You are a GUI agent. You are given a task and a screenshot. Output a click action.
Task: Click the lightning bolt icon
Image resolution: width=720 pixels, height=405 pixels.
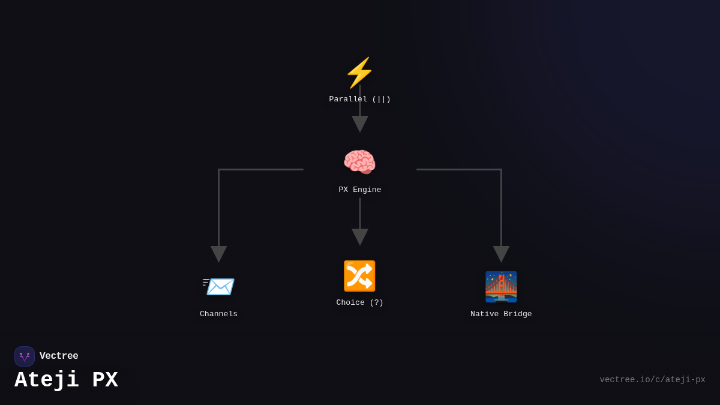coord(359,73)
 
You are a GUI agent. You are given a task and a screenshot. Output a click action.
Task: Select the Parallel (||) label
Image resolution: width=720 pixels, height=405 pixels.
coord(360,99)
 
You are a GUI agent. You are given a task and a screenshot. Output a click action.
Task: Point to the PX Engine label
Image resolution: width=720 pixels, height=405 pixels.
coord(360,190)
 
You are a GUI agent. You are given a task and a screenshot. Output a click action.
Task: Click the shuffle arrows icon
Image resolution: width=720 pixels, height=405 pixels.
coord(359,276)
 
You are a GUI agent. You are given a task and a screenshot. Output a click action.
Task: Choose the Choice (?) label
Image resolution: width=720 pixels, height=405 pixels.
coord(360,302)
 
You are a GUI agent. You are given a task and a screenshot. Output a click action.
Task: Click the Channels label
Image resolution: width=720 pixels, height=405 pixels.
coord(218,314)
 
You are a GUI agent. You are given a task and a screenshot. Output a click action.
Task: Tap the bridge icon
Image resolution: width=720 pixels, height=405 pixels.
coord(501,287)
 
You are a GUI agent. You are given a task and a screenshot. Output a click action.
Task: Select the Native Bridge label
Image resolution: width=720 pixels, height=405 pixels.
coord(501,314)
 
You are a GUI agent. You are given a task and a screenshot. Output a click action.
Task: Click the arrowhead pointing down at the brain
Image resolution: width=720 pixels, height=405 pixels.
coord(360,123)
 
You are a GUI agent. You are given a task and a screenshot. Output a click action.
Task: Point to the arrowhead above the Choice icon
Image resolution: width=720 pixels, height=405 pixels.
coord(360,236)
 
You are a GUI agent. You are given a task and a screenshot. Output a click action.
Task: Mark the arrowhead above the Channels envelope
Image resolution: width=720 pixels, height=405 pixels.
coord(218,253)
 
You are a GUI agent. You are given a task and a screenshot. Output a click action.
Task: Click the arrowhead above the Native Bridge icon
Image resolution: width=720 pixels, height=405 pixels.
coord(501,253)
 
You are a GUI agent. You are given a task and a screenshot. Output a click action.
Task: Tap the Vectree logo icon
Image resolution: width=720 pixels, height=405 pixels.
coord(25,356)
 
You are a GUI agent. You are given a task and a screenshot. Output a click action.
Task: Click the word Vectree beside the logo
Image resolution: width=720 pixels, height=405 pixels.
coord(59,356)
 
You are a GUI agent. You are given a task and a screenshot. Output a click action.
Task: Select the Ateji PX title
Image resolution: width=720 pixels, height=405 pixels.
coord(66,380)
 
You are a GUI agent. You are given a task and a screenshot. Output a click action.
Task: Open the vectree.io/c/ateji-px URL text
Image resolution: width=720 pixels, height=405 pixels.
coord(652,380)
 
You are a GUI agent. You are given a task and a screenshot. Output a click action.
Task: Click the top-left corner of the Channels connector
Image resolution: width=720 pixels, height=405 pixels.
coord(219,170)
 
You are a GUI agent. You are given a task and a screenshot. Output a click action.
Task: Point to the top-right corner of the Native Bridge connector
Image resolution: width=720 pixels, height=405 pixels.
coord(501,170)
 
